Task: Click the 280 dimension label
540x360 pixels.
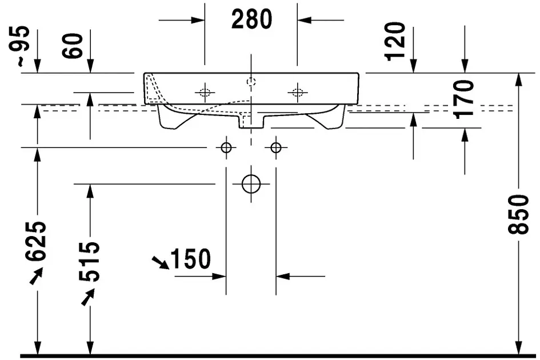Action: pos(252,19)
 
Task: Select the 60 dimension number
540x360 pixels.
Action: pos(73,46)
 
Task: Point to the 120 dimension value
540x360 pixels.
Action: pos(395,42)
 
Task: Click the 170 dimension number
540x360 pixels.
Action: pos(463,99)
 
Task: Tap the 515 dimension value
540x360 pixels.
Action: pos(89,262)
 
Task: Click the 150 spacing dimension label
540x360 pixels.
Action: pos(190,259)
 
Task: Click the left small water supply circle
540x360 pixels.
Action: pos(226,148)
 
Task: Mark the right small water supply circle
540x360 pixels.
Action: pos(276,148)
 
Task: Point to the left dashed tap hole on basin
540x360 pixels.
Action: pos(205,93)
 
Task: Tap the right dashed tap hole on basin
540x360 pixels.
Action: pos(298,93)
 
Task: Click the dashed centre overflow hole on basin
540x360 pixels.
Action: pos(251,82)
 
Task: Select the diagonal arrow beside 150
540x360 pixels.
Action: pos(161,262)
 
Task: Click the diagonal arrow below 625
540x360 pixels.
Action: pos(37,276)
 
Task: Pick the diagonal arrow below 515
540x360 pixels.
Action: pos(88,297)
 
